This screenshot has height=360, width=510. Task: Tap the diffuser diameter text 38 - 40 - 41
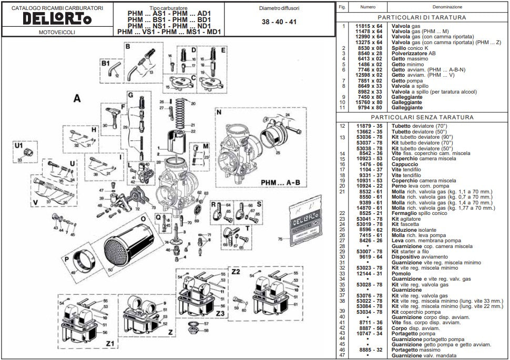point(279,23)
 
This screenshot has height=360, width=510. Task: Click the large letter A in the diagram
point(77,98)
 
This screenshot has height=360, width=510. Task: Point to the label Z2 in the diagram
point(236,271)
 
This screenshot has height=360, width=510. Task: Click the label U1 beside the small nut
point(19,145)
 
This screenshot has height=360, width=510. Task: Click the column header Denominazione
point(447,7)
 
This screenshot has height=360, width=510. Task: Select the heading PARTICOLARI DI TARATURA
point(422,17)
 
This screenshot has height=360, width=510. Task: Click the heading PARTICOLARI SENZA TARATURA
point(422,117)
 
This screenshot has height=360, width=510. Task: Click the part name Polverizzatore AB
point(413,54)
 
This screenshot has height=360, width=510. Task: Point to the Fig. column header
point(342,7)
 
